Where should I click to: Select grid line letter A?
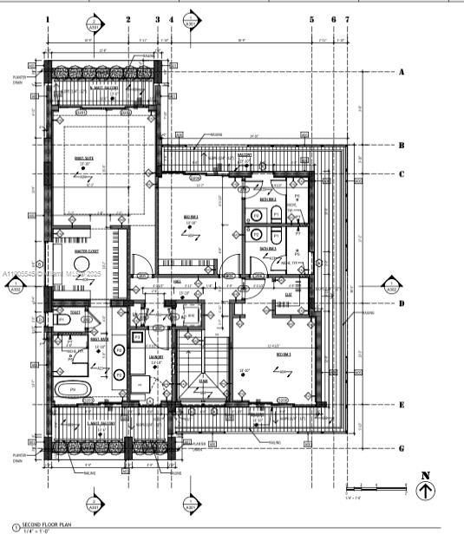pyautogui.click(x=402, y=73)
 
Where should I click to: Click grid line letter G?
pyautogui.click(x=402, y=448)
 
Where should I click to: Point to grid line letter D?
pyautogui.click(x=402, y=303)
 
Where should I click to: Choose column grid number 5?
pyautogui.click(x=311, y=18)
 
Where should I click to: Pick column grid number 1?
pyautogui.click(x=48, y=18)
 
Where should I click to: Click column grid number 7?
pyautogui.click(x=347, y=18)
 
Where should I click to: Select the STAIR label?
pyautogui.click(x=203, y=379)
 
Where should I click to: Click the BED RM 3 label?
pyautogui.click(x=284, y=355)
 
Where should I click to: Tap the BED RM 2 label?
pyautogui.click(x=190, y=216)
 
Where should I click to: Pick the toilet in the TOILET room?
pyautogui.click(x=61, y=321)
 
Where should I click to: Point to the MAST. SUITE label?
pyautogui.click(x=84, y=157)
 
